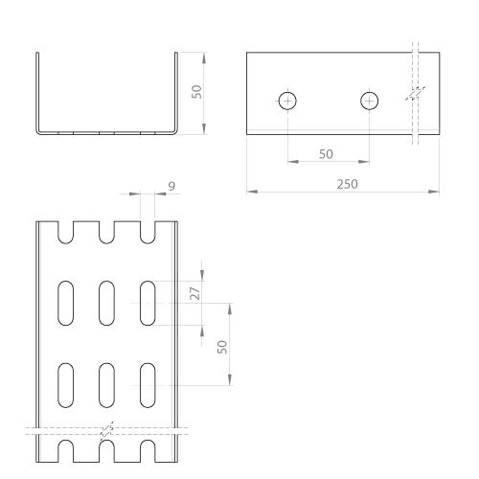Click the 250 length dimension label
347,184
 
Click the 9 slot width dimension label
171,186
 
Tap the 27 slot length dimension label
195,293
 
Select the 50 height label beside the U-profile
196,92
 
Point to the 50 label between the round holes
326,154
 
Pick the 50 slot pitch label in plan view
222,347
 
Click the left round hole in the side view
287,101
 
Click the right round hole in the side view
370,101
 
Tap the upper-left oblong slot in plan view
66,303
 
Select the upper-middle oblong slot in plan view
106,303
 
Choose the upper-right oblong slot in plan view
148,303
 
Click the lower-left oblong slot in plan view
66,385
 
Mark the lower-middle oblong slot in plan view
106,385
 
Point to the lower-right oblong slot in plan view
148,385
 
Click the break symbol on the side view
415,93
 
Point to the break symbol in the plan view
106,430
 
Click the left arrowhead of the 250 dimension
252,192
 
